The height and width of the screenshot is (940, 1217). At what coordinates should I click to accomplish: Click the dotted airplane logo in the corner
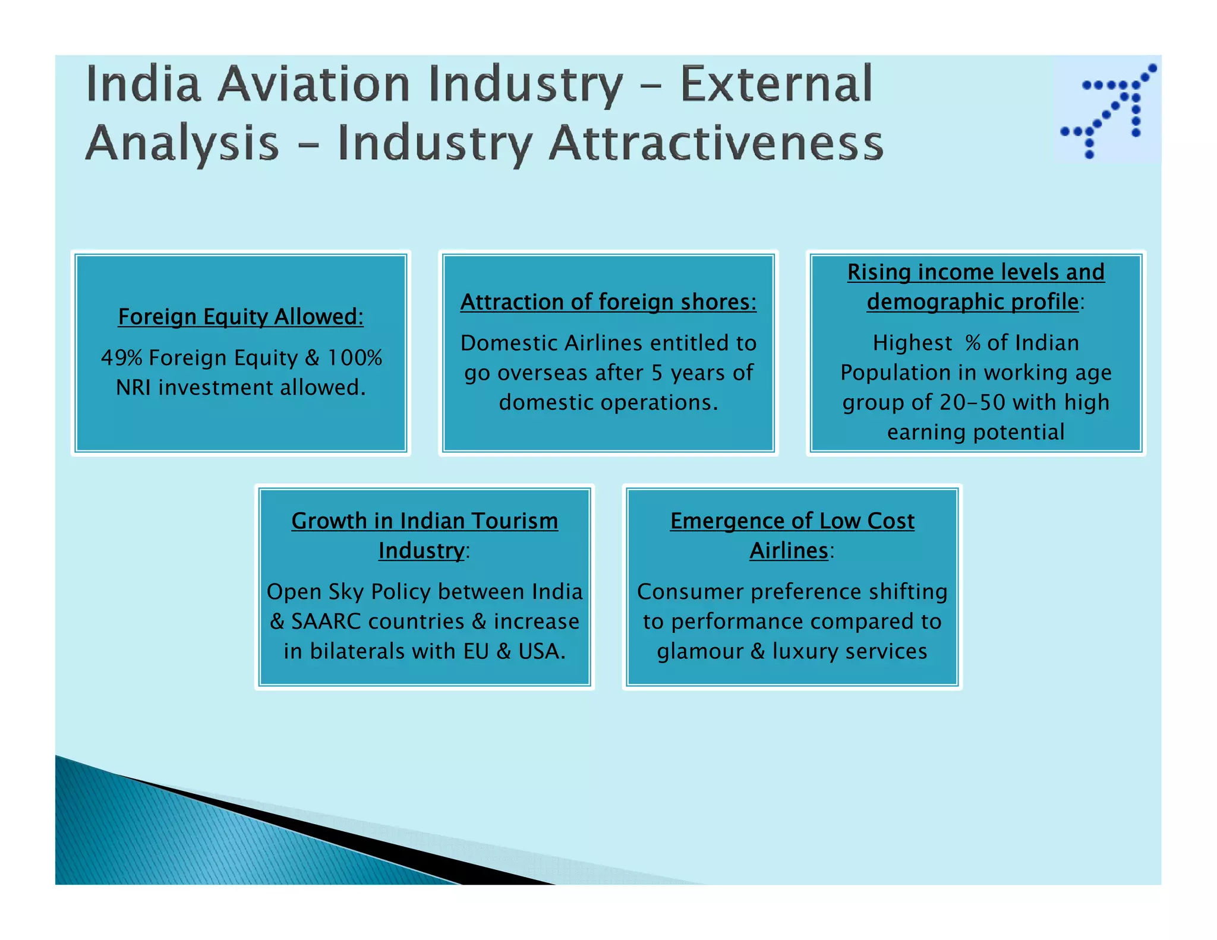tap(1108, 111)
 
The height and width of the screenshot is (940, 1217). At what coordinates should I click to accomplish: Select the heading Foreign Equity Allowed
tap(241, 317)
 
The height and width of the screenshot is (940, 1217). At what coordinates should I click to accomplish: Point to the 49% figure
tap(121, 358)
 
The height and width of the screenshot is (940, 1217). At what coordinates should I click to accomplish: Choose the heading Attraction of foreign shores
tap(608, 302)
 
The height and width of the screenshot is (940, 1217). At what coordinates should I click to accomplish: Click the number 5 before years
tap(657, 373)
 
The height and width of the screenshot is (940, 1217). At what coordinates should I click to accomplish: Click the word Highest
tap(912, 343)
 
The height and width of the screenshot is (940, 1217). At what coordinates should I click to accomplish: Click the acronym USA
tap(541, 651)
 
